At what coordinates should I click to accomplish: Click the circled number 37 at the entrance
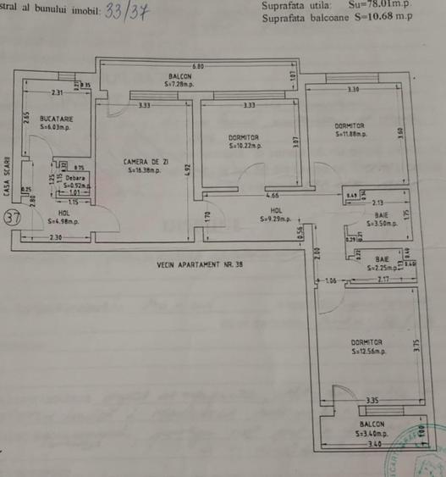(12, 217)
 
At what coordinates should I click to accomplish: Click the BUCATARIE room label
(56, 119)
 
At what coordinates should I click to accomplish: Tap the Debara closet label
(74, 178)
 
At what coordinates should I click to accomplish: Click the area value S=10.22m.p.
(245, 146)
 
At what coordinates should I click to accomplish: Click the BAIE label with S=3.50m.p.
(382, 216)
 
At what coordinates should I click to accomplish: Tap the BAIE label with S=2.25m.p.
(383, 258)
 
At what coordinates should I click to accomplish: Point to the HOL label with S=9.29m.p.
(276, 212)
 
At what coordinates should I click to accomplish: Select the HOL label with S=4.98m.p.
(63, 213)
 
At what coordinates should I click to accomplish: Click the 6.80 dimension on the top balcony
(198, 66)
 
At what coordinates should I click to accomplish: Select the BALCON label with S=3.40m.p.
(372, 424)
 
